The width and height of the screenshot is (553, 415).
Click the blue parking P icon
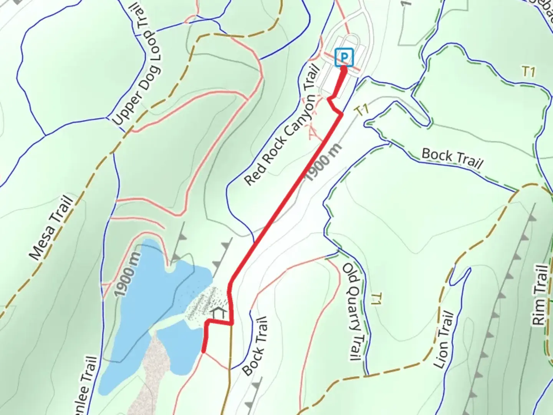pyautogui.click(x=344, y=58)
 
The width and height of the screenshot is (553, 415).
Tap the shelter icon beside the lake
pyautogui.click(x=219, y=313)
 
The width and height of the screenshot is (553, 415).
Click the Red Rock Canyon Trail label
pyautogui.click(x=282, y=125)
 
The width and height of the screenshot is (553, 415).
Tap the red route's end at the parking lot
pyautogui.click(x=344, y=69)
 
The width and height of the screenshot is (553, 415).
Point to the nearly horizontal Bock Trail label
pyautogui.click(x=452, y=158)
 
